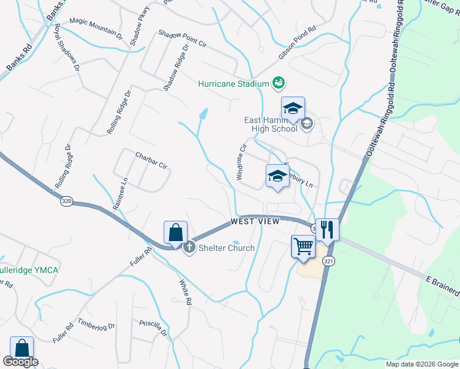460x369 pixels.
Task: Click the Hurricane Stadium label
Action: [233, 84]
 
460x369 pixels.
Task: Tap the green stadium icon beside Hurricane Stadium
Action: [278, 82]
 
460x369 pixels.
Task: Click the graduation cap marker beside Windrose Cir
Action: [277, 177]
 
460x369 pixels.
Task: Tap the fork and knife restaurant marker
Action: [327, 230]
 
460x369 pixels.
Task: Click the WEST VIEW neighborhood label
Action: [255, 221]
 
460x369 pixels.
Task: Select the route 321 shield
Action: [329, 253]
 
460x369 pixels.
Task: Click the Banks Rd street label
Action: [19, 56]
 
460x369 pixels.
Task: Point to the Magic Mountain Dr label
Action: [96, 28]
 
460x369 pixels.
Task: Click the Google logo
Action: [21, 362]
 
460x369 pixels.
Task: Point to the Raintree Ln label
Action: [119, 194]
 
